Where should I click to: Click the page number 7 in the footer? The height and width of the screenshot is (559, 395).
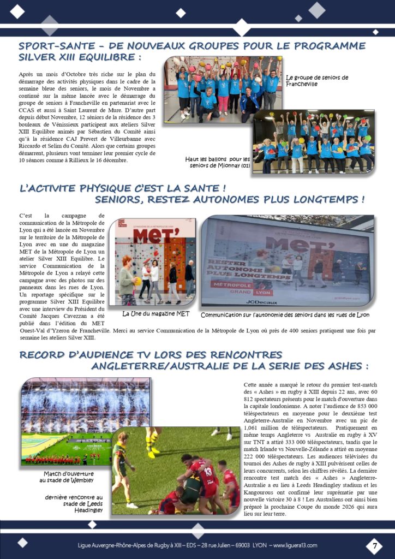click(374, 545)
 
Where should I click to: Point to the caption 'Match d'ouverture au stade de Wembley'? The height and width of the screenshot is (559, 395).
click(69, 477)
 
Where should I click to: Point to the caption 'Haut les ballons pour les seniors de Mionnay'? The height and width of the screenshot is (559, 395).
click(217, 162)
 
